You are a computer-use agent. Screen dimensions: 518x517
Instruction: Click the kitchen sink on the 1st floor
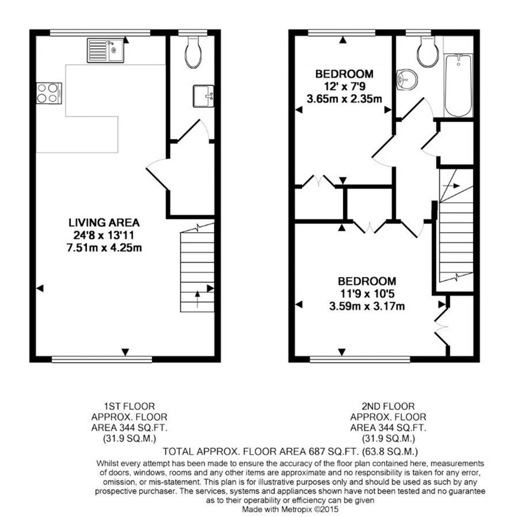coord(105,51)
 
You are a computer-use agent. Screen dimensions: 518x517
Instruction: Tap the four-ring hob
coord(49,93)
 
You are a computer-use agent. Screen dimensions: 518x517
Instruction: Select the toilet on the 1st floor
coord(193,52)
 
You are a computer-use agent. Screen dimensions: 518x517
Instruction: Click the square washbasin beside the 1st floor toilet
coord(203,96)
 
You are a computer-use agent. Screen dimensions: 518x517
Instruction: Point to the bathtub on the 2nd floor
coord(458,85)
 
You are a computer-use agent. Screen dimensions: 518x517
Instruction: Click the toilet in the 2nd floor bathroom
coord(428,51)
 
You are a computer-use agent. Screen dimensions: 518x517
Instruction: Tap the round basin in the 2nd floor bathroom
coord(407,79)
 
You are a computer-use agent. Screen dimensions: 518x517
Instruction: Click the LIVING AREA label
coord(104,223)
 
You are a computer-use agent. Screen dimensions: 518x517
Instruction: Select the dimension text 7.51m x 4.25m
coord(104,247)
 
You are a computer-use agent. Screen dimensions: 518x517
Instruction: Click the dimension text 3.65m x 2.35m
coord(344,99)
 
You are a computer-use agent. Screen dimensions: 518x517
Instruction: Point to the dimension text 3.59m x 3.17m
coord(367,306)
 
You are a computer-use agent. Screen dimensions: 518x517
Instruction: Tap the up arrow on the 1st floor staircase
coord(198,299)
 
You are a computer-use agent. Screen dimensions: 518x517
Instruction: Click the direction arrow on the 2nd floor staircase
coord(451,186)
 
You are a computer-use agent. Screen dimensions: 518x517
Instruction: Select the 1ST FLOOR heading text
coord(129,406)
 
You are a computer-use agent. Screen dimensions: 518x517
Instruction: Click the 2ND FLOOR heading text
coord(388,406)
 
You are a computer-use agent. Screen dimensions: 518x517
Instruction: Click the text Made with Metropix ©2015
coord(290,509)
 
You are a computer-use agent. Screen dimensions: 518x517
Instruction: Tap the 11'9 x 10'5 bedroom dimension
coord(367,294)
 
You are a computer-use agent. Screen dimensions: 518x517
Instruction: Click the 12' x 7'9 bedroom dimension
coord(344,87)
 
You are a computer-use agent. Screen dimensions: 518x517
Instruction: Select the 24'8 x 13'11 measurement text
coord(104,235)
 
